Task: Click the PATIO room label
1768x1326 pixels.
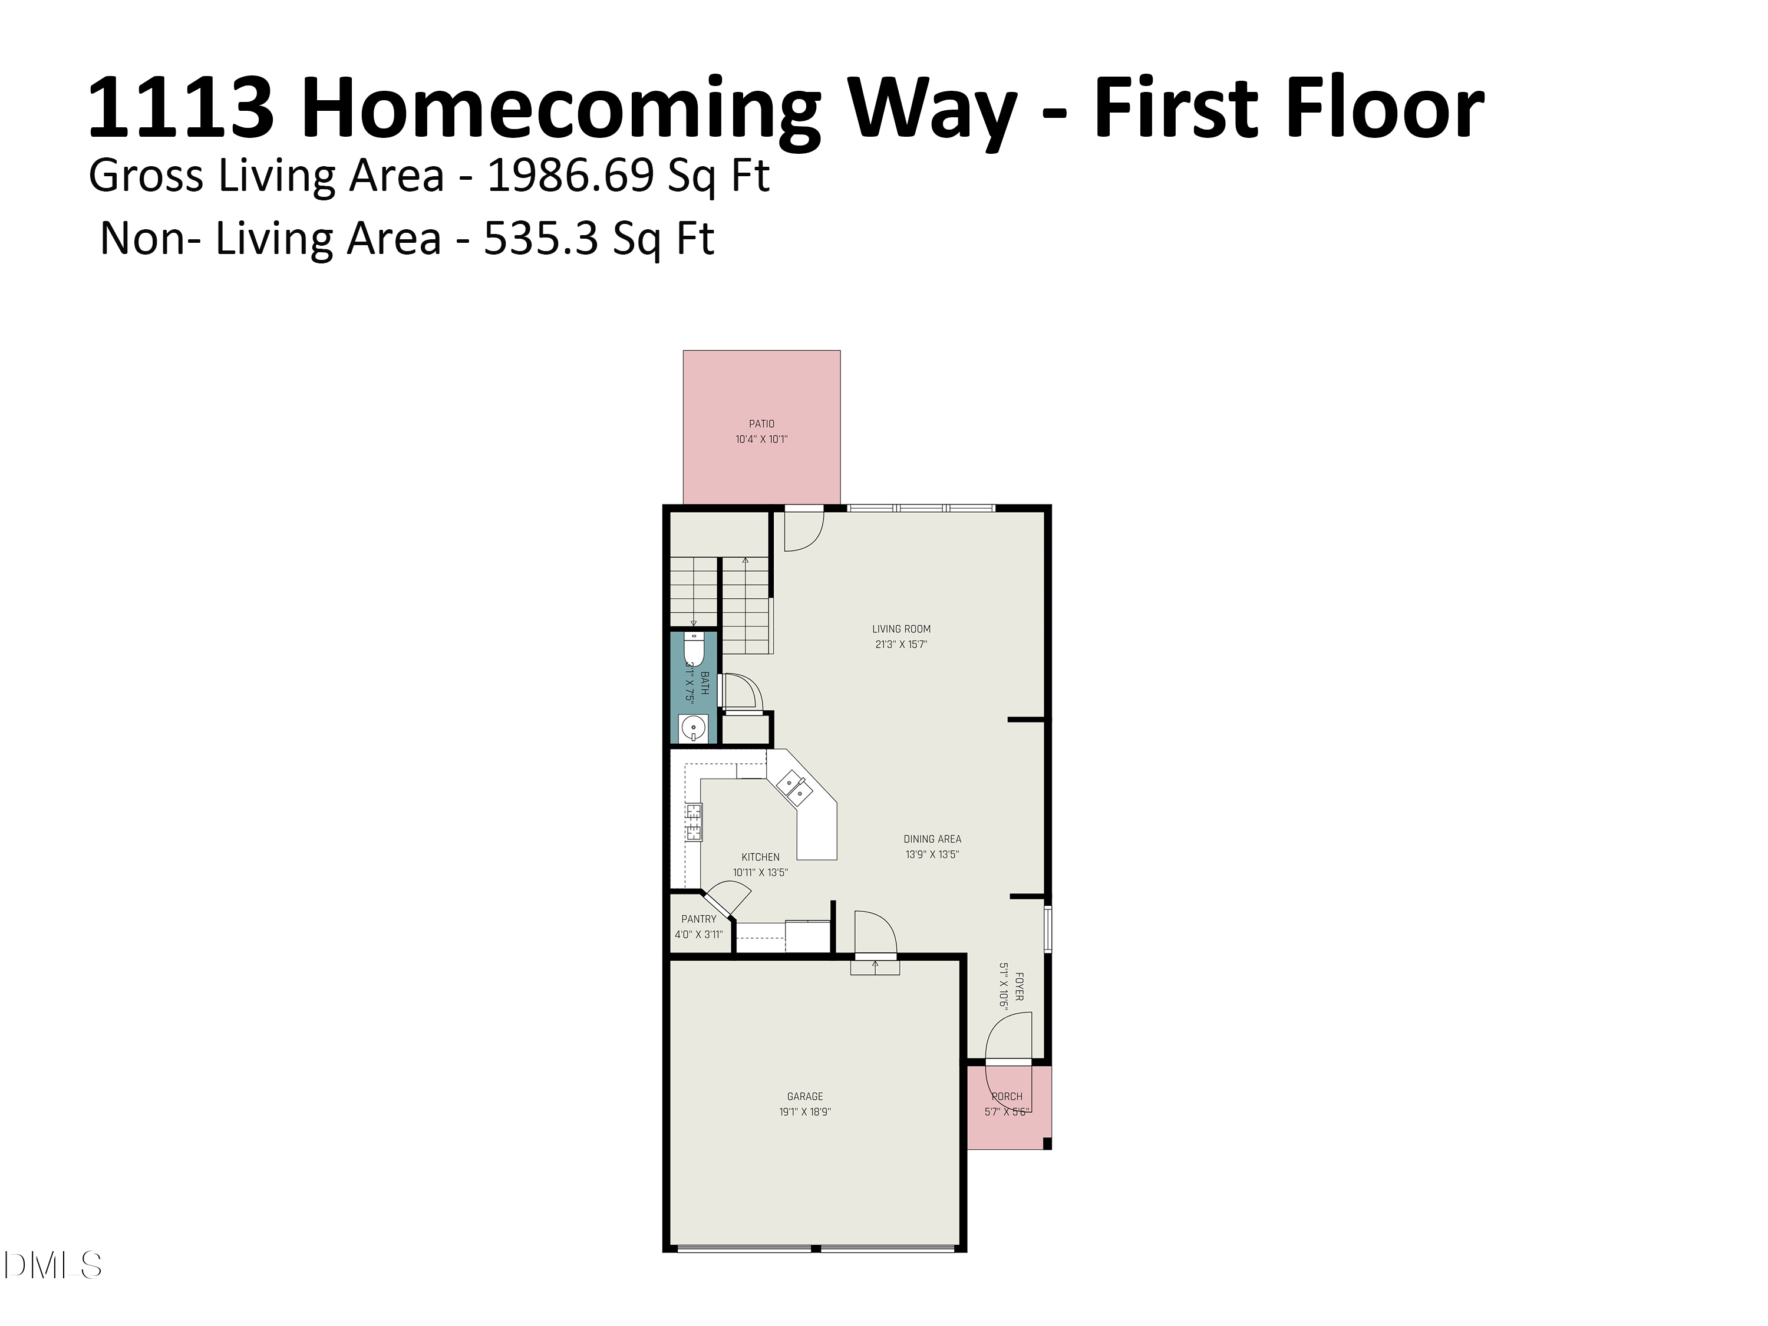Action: tap(761, 424)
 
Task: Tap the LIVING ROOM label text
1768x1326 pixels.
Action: tap(901, 629)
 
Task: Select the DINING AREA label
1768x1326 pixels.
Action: tap(932, 839)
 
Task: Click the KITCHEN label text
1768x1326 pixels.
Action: tap(760, 857)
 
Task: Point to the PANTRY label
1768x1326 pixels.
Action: tap(698, 919)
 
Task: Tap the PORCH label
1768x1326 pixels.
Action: tap(1007, 1097)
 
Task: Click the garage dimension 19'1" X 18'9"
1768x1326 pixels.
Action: tap(805, 1112)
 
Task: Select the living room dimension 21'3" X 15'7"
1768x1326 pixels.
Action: tap(901, 644)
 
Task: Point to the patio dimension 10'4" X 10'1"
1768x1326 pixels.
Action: tap(761, 439)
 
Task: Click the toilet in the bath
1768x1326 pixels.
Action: tap(693, 648)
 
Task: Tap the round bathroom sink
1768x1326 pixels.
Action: tap(693, 728)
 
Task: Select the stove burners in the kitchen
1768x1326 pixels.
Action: tap(693, 823)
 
